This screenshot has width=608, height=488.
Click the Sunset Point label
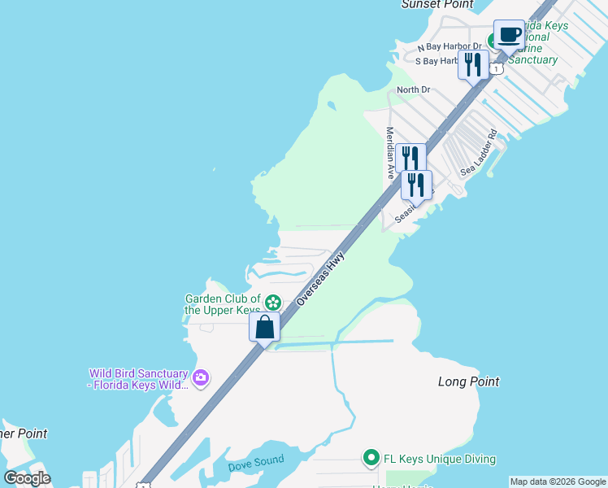(x=436, y=5)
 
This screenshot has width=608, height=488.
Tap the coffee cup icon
(x=510, y=37)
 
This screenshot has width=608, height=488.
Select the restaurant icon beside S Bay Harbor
(x=473, y=64)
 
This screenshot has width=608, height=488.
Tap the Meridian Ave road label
(x=390, y=153)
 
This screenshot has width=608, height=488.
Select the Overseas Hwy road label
(x=321, y=278)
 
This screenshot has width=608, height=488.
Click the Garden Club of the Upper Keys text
(x=222, y=304)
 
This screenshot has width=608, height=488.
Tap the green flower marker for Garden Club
(x=273, y=303)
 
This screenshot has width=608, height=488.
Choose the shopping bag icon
(x=265, y=327)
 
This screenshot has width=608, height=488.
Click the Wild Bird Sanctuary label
(x=138, y=379)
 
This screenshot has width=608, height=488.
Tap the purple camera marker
(x=201, y=377)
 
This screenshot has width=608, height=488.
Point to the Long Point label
(x=468, y=381)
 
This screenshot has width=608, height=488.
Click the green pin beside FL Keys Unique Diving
(x=371, y=459)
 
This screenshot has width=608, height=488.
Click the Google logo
(x=28, y=478)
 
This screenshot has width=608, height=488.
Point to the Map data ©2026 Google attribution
(x=558, y=481)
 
